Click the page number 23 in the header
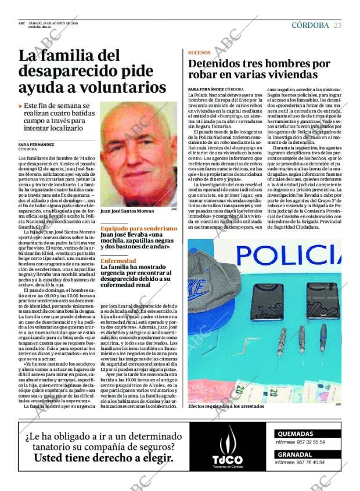(x=337, y=25)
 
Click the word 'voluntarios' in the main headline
(x=121, y=88)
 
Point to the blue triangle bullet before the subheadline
(x=21, y=106)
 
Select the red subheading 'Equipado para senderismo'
(x=138, y=229)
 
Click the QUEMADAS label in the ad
(x=296, y=434)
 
